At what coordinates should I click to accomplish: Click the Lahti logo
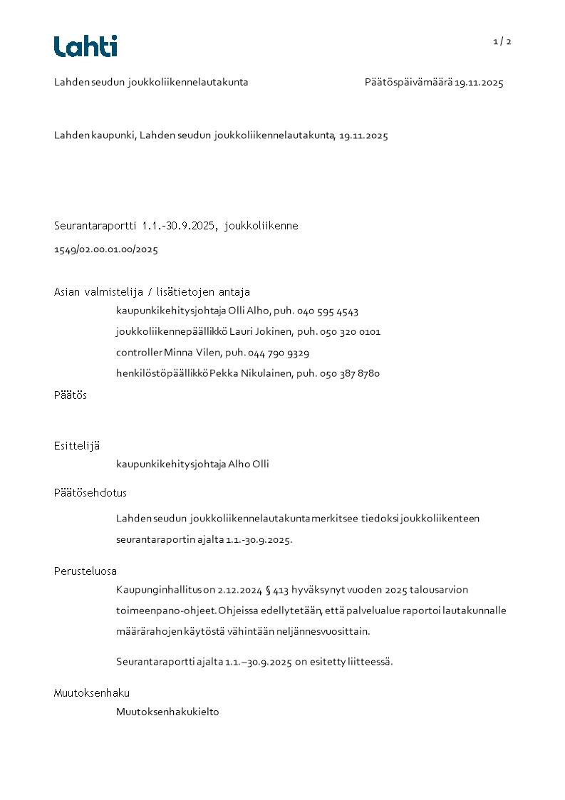click(x=85, y=46)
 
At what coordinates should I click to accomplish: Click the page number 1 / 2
click(x=502, y=41)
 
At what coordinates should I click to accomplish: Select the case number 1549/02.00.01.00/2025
click(x=106, y=249)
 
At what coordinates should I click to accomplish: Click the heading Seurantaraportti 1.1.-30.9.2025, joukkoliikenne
click(x=176, y=226)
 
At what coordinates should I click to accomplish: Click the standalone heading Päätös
click(x=71, y=395)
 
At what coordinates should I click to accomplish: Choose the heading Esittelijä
click(x=77, y=446)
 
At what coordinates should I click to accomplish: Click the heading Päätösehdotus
click(x=90, y=493)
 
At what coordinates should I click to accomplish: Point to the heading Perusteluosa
click(x=85, y=571)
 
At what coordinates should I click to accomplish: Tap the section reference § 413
click(x=279, y=590)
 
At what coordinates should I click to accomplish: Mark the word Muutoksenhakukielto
click(x=167, y=712)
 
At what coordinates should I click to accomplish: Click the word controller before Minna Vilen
click(x=139, y=353)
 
